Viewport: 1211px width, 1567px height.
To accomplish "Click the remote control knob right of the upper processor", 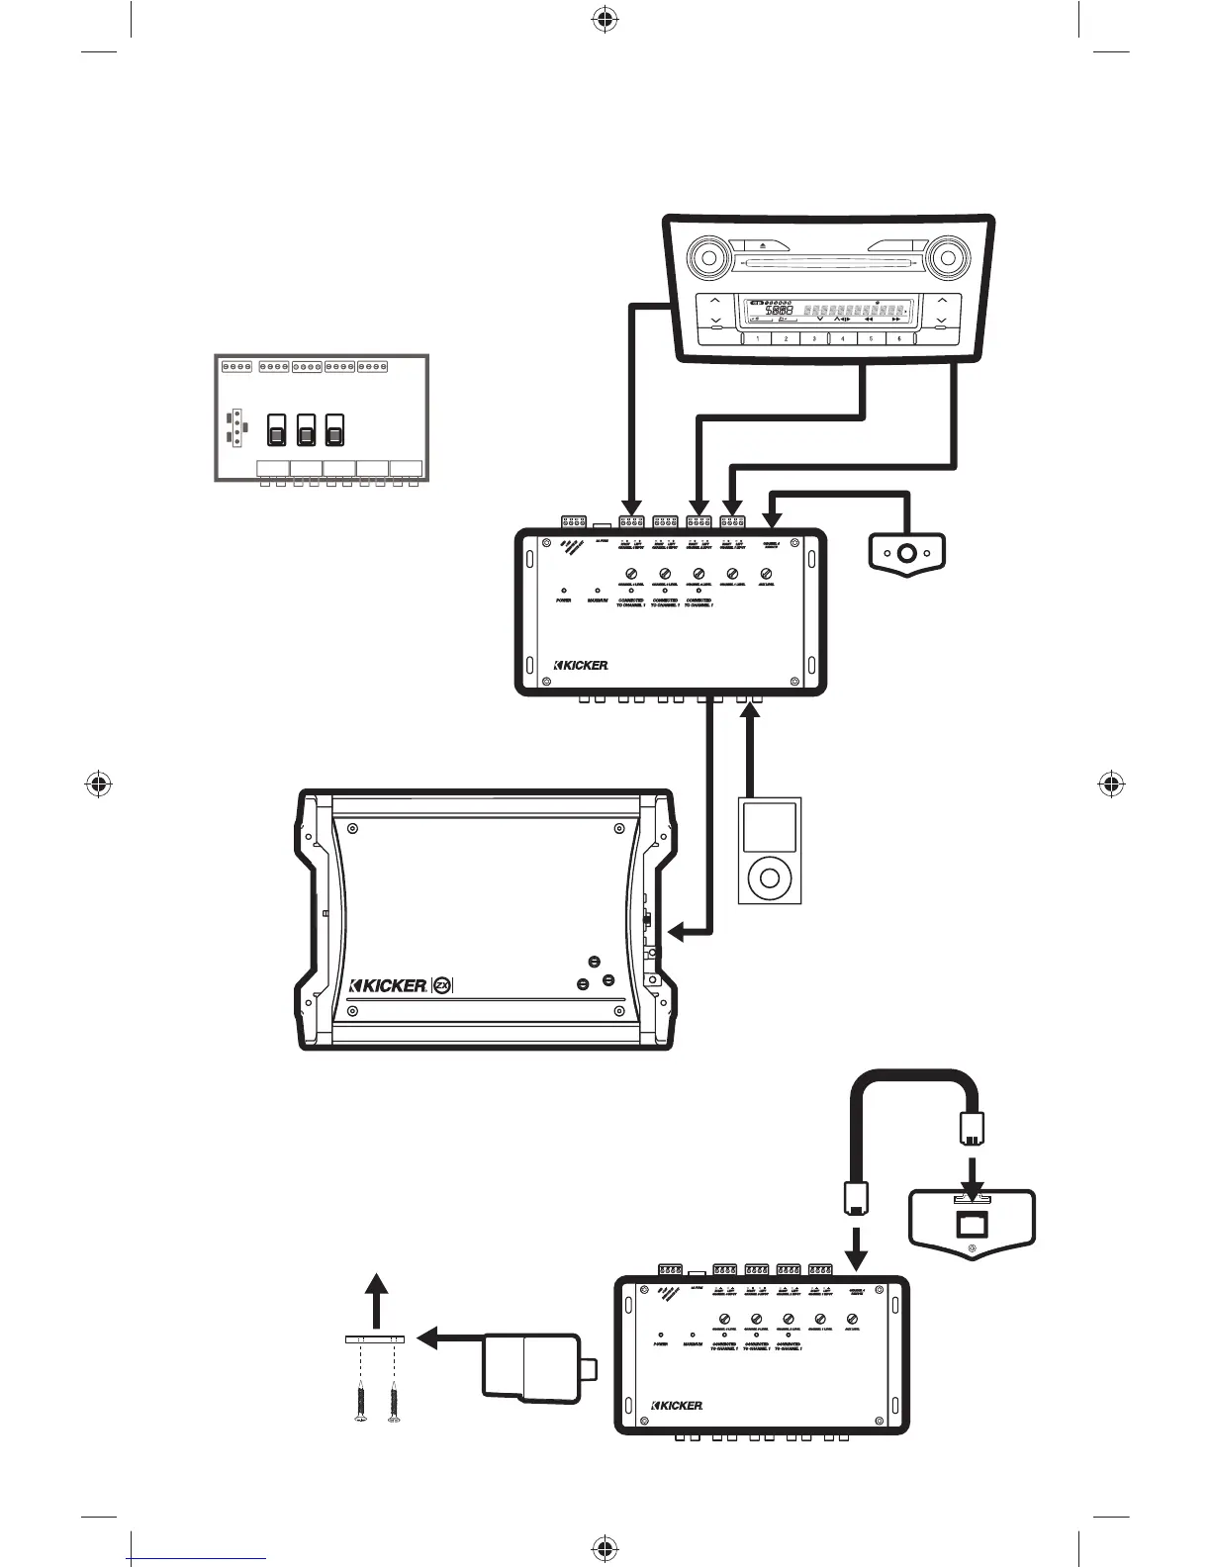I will coord(905,551).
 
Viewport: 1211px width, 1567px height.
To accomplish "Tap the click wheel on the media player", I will coord(770,876).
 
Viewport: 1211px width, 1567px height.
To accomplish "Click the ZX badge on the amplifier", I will coord(443,985).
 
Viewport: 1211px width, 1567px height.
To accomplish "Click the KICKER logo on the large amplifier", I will coord(390,985).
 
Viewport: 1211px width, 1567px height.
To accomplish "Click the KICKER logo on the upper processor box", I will coord(581,665).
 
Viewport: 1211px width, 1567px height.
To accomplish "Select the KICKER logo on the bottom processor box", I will coord(677,1406).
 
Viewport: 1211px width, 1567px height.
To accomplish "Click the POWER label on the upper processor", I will coord(563,600).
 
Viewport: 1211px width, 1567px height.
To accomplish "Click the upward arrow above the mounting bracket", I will coord(375,1286).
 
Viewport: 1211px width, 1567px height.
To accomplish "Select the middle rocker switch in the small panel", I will coord(306,430).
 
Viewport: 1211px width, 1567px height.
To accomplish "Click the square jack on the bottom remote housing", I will coord(971,1223).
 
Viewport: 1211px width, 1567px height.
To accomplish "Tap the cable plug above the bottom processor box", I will coord(856,1198).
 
